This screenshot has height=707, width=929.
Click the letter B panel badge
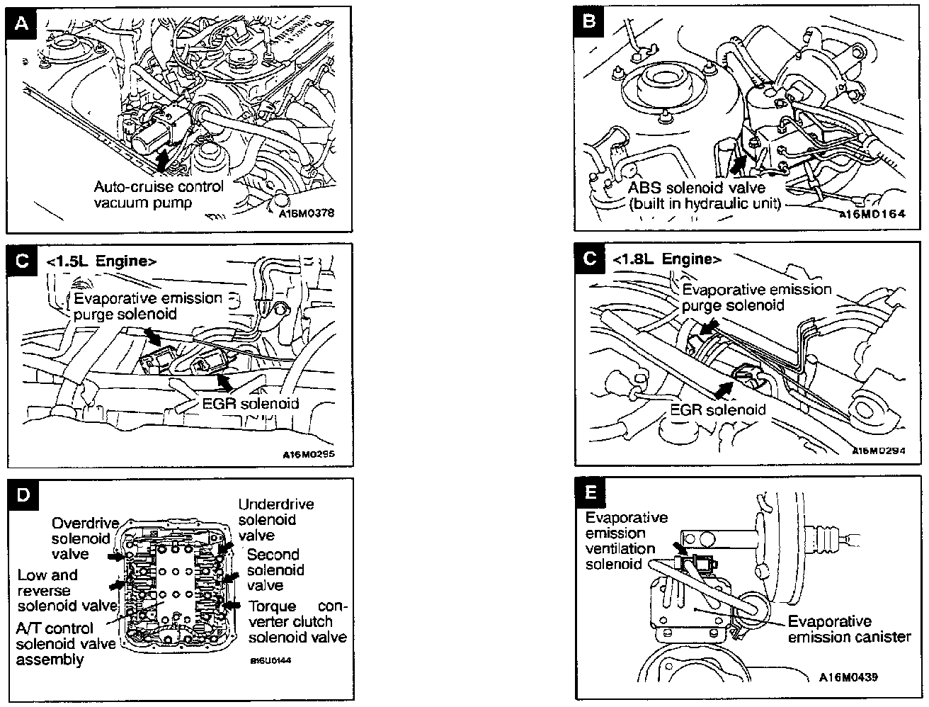589,23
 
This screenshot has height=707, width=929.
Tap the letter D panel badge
23,494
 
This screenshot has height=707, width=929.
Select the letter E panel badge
591,492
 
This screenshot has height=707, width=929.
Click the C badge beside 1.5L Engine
23,261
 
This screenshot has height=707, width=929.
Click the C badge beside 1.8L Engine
591,259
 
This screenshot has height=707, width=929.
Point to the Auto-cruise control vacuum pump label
159,195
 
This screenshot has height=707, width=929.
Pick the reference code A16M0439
849,677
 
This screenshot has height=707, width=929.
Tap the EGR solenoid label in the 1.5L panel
246,404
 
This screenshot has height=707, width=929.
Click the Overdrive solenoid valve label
80,538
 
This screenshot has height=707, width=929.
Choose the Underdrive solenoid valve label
275,519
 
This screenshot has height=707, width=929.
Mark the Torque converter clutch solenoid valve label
297,621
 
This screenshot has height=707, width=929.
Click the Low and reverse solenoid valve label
66,590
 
